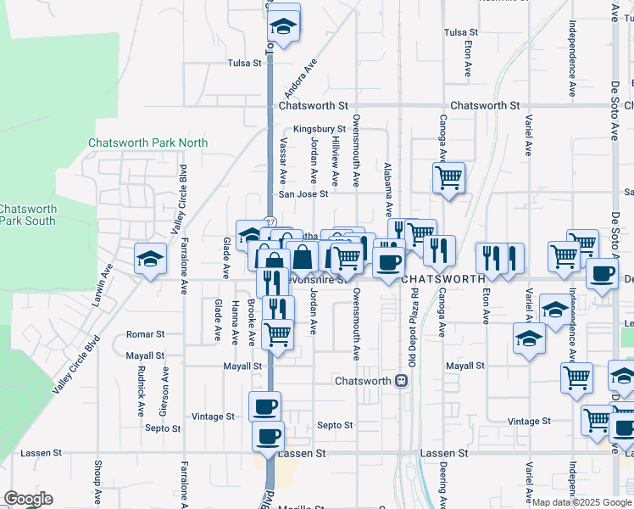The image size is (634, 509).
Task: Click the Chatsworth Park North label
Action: pos(147,143)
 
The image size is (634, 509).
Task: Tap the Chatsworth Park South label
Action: pos(28,215)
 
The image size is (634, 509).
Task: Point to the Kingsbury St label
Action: pos(315,129)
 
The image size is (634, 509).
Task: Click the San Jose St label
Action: pos(304,194)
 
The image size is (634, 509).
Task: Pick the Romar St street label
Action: pos(145,335)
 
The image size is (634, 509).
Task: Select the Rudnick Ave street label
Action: pos(141,392)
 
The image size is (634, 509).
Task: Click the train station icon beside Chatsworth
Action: pos(402,381)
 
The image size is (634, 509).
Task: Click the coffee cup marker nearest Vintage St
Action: pos(264,406)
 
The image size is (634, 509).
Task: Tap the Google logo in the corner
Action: pos(28,500)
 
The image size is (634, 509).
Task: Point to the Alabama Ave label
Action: pos(388,188)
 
